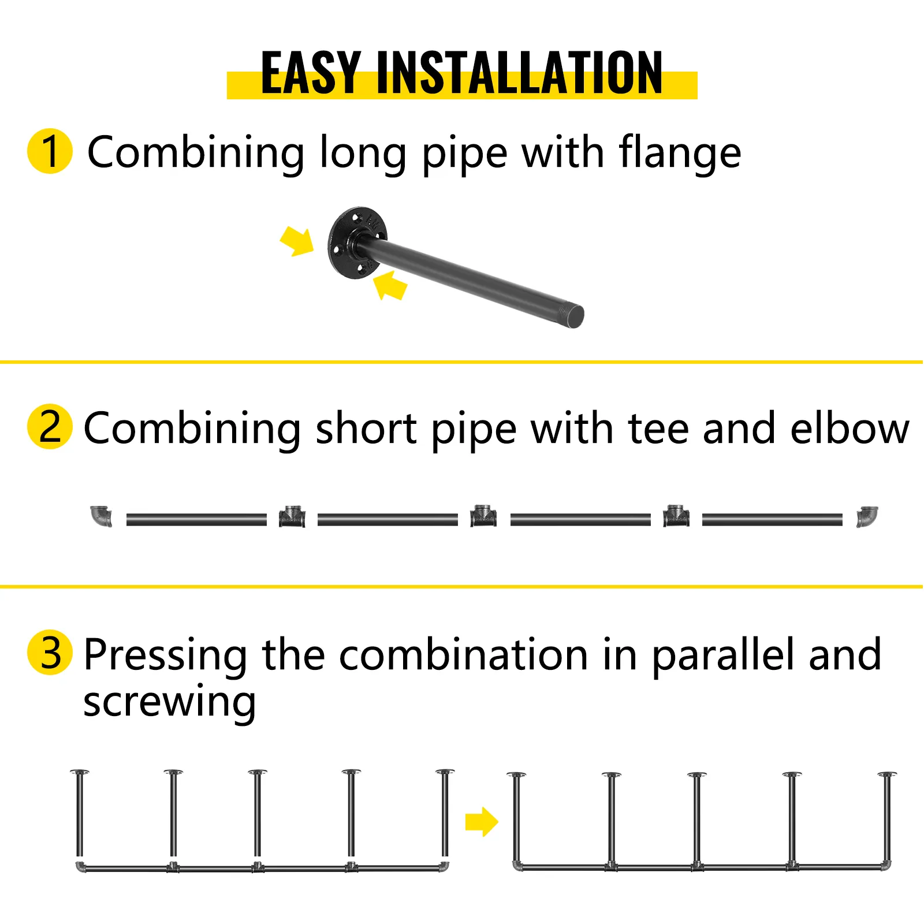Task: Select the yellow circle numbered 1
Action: point(50,151)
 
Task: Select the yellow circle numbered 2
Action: point(50,427)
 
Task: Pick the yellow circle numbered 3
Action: point(50,653)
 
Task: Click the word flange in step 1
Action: point(680,153)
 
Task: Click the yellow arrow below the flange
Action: point(390,285)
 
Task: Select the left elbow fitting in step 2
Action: point(102,516)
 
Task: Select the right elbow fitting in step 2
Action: point(866,516)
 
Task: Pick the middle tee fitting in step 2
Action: point(483,516)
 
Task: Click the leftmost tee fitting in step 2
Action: point(292,516)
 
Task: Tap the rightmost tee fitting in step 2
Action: point(676,516)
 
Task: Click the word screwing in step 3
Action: point(169,703)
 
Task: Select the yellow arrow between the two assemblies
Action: point(481,821)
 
